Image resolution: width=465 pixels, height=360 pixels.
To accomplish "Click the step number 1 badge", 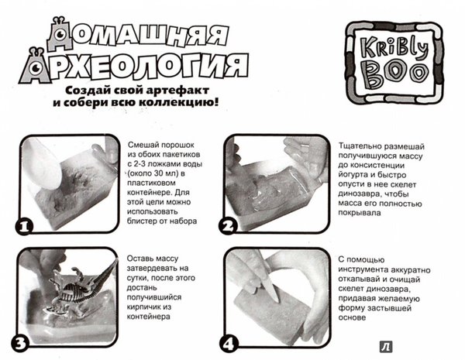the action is pyautogui.click(x=24, y=227).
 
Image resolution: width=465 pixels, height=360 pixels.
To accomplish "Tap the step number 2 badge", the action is pyautogui.click(x=228, y=227).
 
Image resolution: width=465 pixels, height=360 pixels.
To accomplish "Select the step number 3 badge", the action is pyautogui.click(x=20, y=344).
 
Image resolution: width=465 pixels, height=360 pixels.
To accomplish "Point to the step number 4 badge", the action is pyautogui.click(x=229, y=344).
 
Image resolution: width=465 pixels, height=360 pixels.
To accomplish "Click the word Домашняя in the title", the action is pyautogui.click(x=138, y=34).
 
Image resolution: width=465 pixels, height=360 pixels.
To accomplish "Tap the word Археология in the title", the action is pyautogui.click(x=133, y=66).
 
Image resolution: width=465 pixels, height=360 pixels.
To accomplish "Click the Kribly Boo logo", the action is pyautogui.click(x=394, y=63).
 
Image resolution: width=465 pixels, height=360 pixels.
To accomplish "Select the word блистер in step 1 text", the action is pyautogui.click(x=142, y=221).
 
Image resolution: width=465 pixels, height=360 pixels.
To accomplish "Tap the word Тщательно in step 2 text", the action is pyautogui.click(x=359, y=146).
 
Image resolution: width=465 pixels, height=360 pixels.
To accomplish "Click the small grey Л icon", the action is pyautogui.click(x=386, y=347).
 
